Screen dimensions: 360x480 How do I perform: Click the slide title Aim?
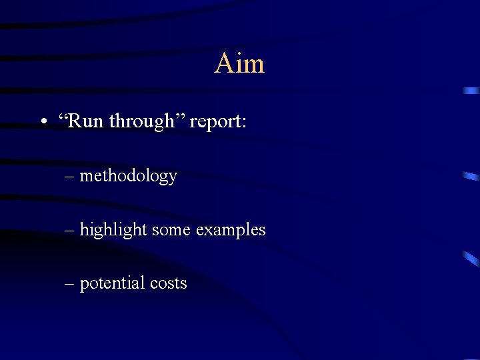(x=239, y=64)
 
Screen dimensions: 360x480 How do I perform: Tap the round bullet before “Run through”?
(x=43, y=122)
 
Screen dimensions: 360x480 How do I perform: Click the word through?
(x=141, y=122)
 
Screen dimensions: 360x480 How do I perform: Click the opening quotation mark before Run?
(x=63, y=117)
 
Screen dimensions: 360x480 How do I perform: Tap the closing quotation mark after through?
(x=180, y=117)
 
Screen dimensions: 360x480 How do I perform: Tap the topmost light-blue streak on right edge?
(x=471, y=90)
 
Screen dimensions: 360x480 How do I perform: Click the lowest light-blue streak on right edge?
(x=471, y=259)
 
